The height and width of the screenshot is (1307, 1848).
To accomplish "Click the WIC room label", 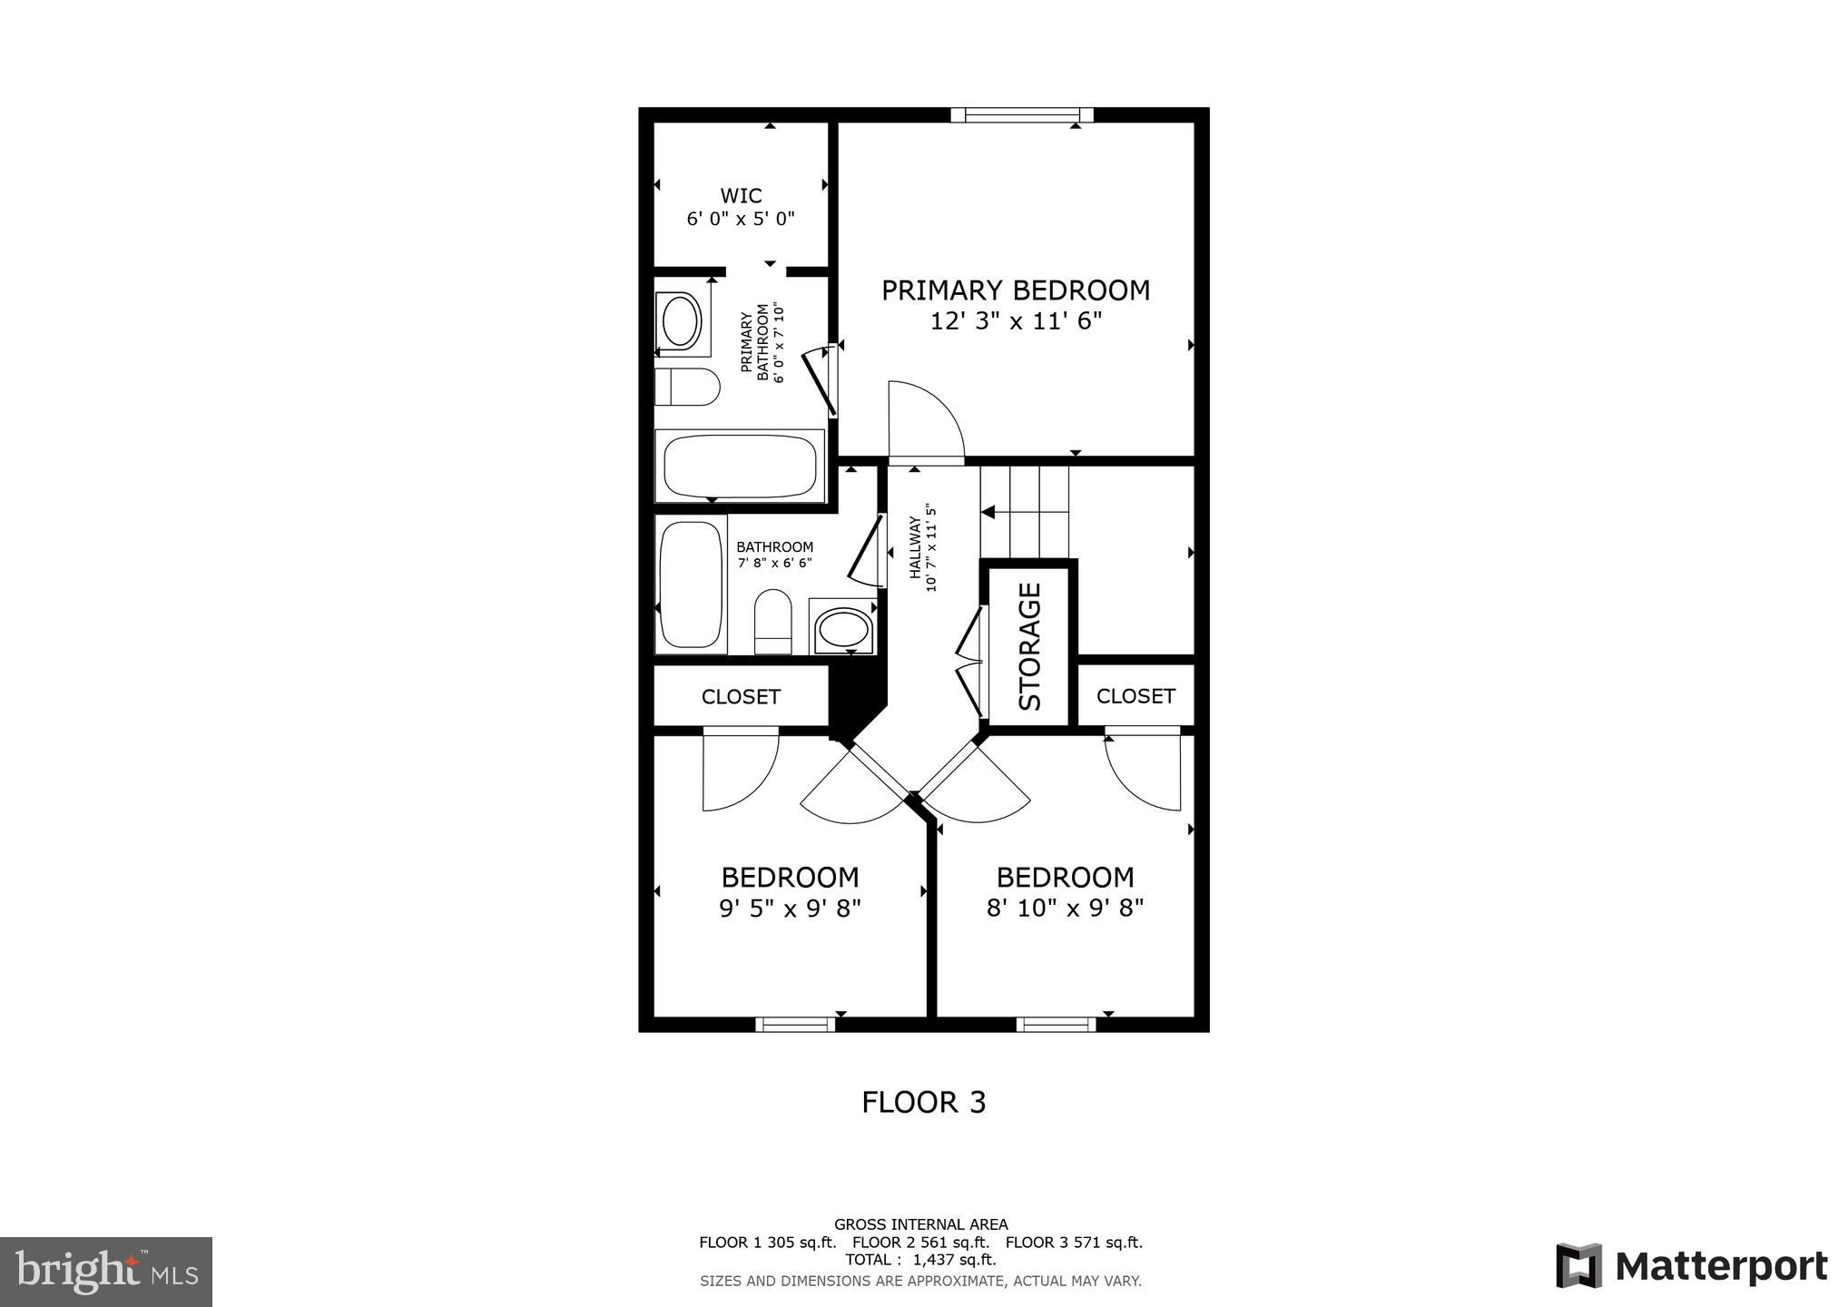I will (741, 196).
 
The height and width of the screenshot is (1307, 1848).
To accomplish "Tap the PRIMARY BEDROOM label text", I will (1016, 290).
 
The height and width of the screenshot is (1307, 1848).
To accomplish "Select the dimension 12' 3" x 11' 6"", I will (1016, 321).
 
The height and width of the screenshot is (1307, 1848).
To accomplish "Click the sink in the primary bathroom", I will (682, 320).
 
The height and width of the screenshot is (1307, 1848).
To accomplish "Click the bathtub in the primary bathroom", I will (740, 466).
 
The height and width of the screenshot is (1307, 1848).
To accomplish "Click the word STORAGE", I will (1030, 646).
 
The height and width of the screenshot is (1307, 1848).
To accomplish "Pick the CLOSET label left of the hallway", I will (741, 697).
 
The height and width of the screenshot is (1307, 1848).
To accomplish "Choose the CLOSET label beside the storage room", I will (1135, 696).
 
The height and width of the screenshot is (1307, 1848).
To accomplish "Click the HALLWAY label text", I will (917, 547).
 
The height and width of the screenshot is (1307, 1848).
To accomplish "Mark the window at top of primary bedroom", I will (1022, 114).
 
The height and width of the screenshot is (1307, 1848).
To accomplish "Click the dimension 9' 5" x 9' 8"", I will (790, 909).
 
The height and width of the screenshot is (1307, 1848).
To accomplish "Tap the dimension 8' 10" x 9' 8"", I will (1065, 909).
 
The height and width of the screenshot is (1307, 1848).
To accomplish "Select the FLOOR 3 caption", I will (923, 1102).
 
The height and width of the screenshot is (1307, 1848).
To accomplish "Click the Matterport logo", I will (1691, 1267).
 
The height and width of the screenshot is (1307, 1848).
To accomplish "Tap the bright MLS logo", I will (106, 1272).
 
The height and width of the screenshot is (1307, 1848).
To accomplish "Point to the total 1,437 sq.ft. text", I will (920, 1260).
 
